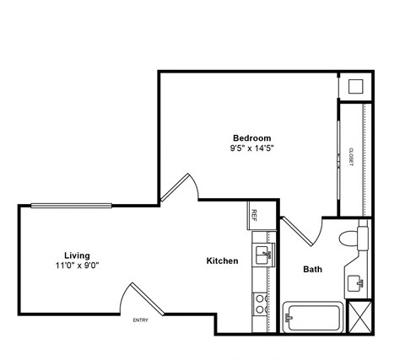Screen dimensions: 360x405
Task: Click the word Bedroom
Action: click(x=251, y=137)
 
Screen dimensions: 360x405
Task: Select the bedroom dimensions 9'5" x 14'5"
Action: click(x=251, y=148)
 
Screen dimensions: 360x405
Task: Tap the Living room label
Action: click(x=77, y=255)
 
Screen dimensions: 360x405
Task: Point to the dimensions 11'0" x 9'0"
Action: click(x=77, y=266)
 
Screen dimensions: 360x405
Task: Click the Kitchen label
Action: click(x=222, y=261)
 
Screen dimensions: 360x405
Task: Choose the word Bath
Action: click(x=312, y=270)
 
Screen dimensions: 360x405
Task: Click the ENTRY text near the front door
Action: click(x=142, y=320)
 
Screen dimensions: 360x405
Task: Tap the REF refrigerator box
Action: click(x=252, y=214)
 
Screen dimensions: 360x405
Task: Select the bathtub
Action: click(x=313, y=318)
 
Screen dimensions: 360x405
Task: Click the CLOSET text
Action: click(x=350, y=155)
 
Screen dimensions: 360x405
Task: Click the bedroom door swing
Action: click(x=179, y=187)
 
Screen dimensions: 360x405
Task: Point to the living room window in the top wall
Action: click(x=72, y=204)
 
